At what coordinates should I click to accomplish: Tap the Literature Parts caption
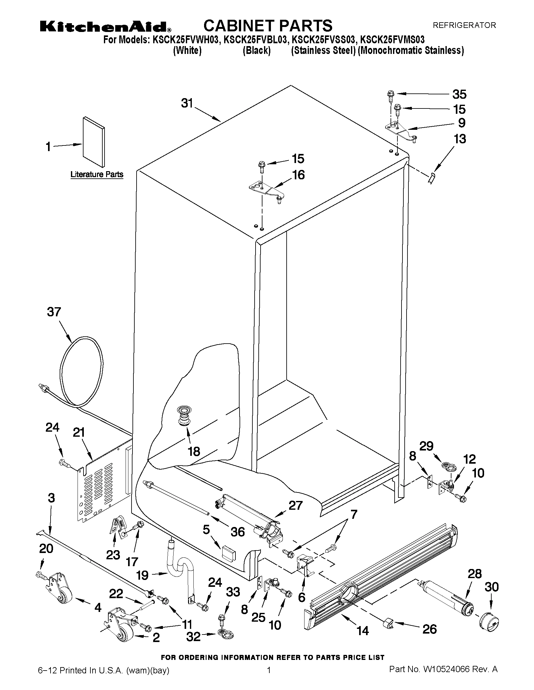(x=96, y=174)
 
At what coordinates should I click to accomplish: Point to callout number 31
(x=187, y=103)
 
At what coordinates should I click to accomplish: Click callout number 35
(x=459, y=94)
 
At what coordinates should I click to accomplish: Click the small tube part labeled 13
(x=432, y=178)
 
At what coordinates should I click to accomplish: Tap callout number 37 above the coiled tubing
(x=54, y=312)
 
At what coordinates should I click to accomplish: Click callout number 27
(x=295, y=505)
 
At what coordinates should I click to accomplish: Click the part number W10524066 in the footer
(x=443, y=678)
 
